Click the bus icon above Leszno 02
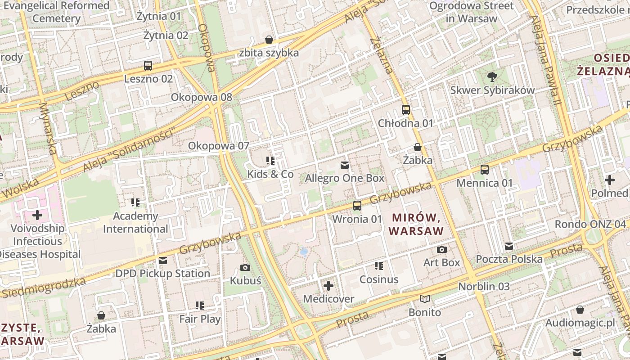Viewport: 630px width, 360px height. (148, 66)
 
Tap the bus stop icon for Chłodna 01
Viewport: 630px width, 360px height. (405, 110)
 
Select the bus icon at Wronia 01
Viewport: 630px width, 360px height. (357, 206)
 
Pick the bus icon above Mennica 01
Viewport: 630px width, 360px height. (485, 170)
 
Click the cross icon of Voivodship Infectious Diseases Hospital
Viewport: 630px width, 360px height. (37, 215)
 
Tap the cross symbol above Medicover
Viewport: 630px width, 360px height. (328, 286)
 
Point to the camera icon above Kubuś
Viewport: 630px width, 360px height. (245, 268)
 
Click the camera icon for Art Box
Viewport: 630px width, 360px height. (442, 249)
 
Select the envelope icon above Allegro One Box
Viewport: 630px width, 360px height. (345, 165)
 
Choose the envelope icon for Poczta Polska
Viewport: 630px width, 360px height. (509, 246)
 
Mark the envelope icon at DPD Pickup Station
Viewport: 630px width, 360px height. (163, 261)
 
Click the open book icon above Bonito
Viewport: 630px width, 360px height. (425, 299)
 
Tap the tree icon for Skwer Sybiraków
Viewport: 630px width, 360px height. (492, 77)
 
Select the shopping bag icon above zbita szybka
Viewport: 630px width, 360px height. (269, 40)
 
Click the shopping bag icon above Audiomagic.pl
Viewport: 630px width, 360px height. (580, 310)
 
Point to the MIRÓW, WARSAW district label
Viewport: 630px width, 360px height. (416, 224)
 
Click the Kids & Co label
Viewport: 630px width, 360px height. (270, 174)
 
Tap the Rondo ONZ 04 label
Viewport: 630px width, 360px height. (590, 224)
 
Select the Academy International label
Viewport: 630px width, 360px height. (135, 222)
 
